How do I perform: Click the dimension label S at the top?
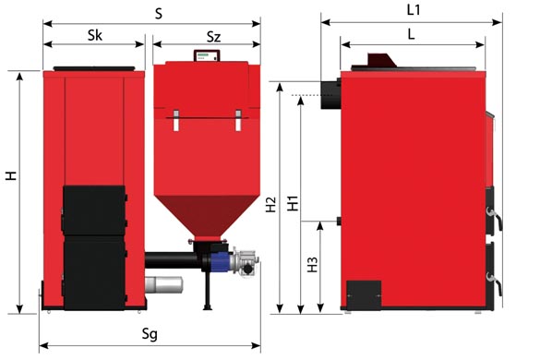click(x=159, y=14)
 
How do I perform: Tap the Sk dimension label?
click(x=95, y=35)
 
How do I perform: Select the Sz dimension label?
click(x=213, y=37)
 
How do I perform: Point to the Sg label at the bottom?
click(x=150, y=334)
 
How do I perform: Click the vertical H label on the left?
click(x=11, y=175)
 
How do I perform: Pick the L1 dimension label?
click(x=414, y=10)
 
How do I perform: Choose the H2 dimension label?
click(x=271, y=204)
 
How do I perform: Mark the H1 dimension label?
click(x=293, y=203)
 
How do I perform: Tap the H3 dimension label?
click(x=312, y=265)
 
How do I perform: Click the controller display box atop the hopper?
click(x=207, y=55)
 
